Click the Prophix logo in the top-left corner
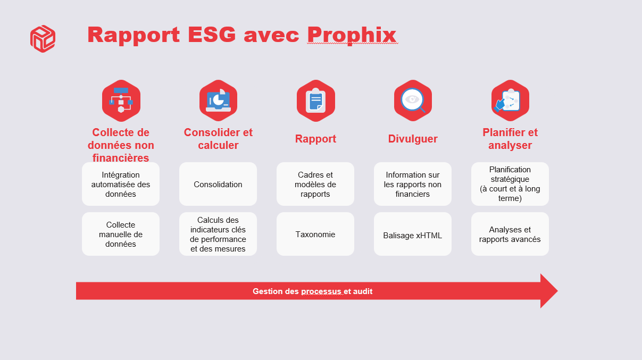coord(43,39)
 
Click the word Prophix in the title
coord(352,35)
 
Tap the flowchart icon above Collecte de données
coord(121,101)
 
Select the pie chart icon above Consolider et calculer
coord(218,101)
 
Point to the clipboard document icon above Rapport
coord(315,101)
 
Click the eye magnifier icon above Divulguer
coord(413,101)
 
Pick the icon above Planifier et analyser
coord(510,101)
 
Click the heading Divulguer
coord(413,139)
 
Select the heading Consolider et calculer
coord(218,139)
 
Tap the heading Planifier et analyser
coord(510,139)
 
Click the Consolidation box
coord(218,185)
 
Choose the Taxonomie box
coord(315,235)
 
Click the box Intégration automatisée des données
coord(121,185)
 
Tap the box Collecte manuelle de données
coord(121,235)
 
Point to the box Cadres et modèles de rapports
coord(315,185)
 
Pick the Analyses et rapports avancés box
coord(510,235)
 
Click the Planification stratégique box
coord(510,184)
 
